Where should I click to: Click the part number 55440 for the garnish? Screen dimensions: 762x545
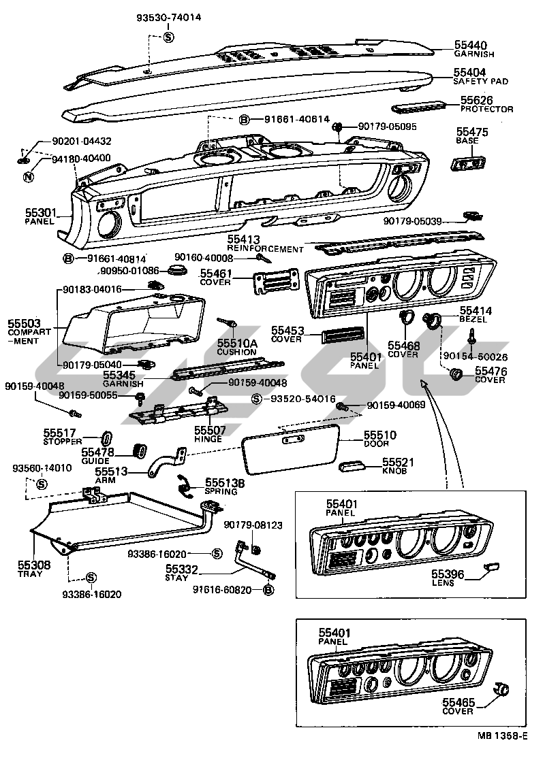[470, 45]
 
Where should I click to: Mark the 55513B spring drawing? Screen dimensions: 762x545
[184, 484]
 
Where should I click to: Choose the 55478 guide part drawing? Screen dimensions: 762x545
[141, 451]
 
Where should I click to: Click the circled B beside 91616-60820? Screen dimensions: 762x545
[268, 590]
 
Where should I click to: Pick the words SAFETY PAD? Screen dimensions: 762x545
[481, 81]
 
